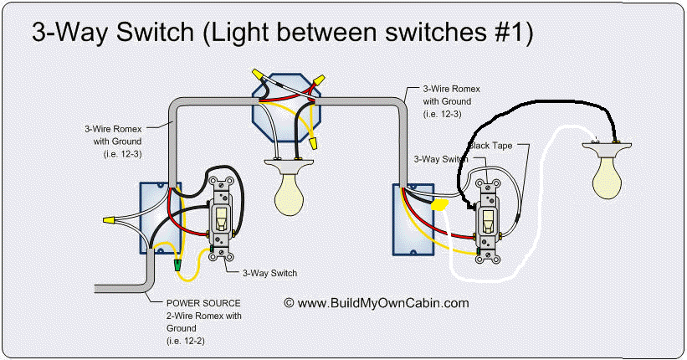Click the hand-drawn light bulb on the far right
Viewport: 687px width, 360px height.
[612, 172]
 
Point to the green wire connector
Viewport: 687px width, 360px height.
[177, 265]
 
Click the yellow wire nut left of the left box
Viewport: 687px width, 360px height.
[107, 220]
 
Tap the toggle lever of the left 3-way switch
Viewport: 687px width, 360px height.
[222, 219]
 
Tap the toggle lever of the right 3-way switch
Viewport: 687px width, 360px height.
[485, 222]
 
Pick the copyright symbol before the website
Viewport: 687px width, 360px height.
[289, 303]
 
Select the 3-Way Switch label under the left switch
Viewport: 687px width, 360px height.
[269, 273]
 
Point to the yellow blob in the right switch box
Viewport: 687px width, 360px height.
[439, 203]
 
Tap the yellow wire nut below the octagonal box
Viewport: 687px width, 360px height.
[310, 144]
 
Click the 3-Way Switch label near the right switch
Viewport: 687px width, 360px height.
[441, 158]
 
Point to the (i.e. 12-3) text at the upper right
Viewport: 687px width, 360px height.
[443, 113]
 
